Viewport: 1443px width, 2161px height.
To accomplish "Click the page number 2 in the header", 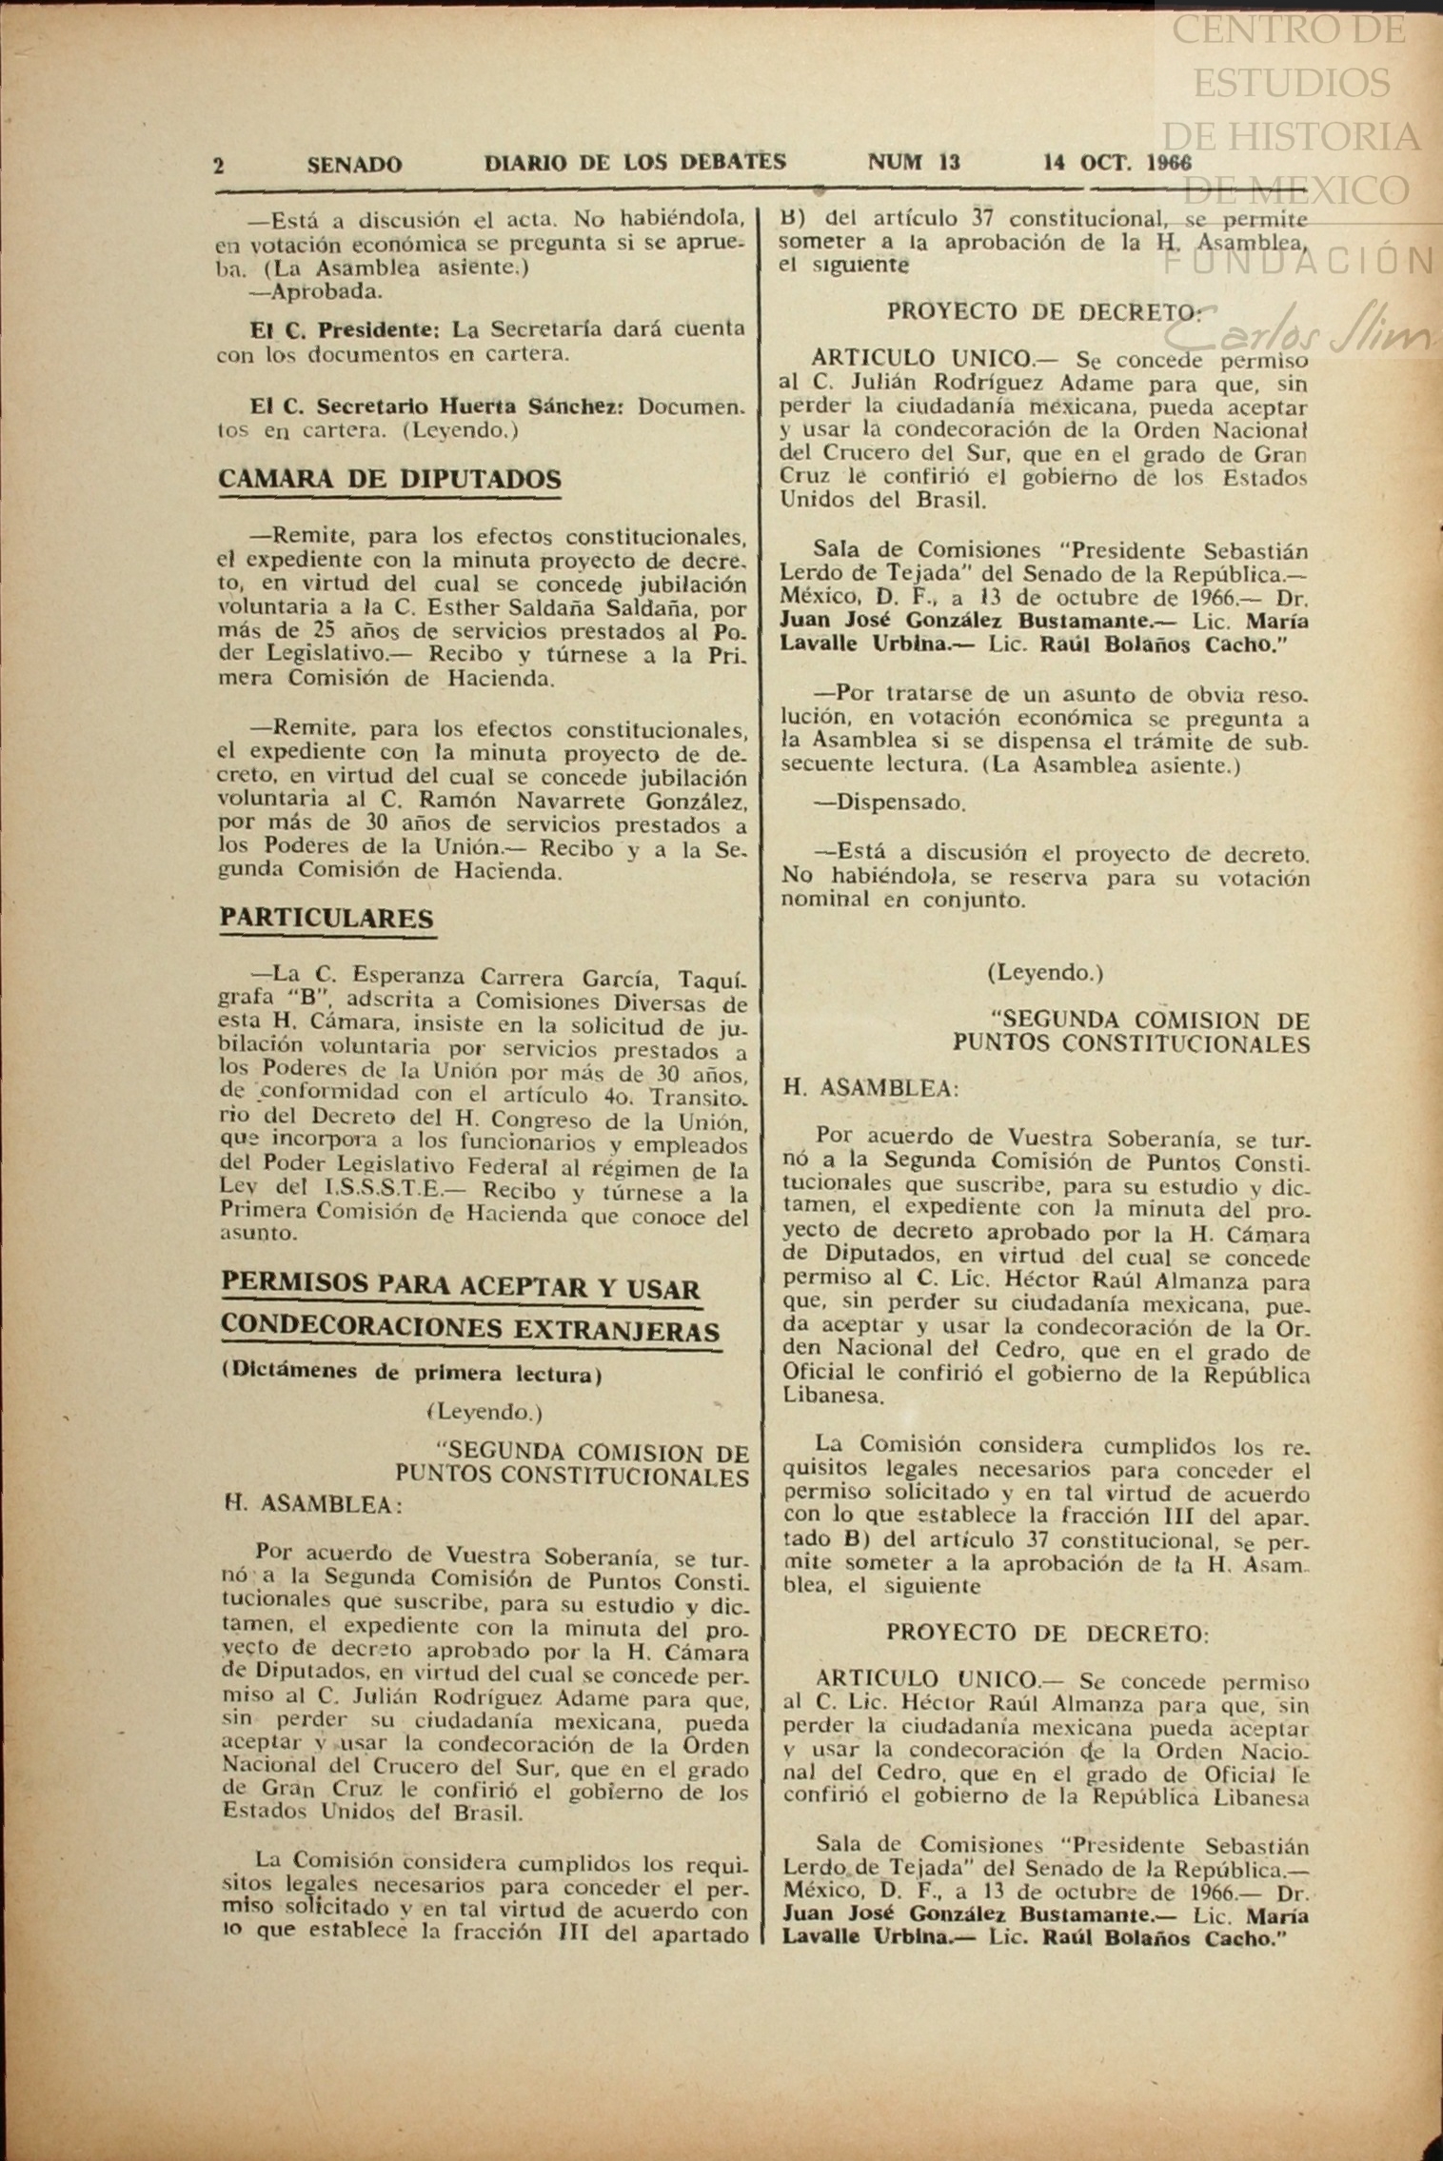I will pyautogui.click(x=219, y=166).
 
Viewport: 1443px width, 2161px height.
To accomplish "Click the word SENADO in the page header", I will pyautogui.click(x=354, y=165).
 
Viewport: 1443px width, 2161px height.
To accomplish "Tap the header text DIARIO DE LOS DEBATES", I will pyautogui.click(x=635, y=162).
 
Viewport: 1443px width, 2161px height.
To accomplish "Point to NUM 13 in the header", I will pyautogui.click(x=914, y=162).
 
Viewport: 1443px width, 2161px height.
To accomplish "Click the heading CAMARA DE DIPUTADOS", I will pyautogui.click(x=389, y=479).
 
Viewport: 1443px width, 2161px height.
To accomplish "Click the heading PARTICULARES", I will pyautogui.click(x=326, y=918).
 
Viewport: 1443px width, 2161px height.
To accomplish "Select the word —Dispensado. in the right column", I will pyautogui.click(x=889, y=803).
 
